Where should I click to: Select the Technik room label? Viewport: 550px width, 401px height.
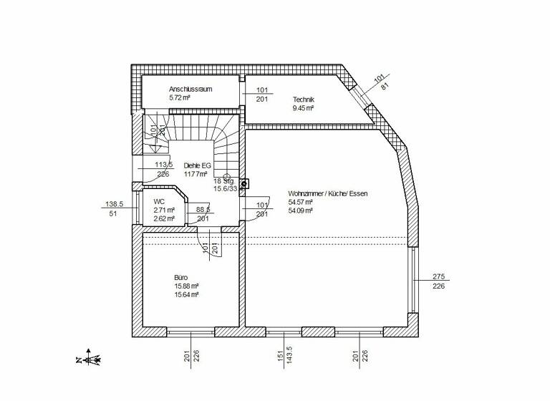point(304,100)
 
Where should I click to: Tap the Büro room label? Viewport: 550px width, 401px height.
point(180,276)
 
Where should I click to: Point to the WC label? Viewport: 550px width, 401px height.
point(159,202)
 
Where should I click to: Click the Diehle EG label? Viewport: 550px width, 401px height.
point(197,164)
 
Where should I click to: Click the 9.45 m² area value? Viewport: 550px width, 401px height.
point(304,109)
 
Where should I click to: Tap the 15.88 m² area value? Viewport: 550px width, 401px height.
point(185,286)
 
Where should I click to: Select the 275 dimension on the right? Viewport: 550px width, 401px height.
point(439,276)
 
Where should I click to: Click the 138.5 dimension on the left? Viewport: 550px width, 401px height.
point(115,204)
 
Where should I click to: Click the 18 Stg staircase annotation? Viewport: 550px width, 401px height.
point(223,181)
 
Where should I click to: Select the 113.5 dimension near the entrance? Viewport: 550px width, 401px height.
point(163,164)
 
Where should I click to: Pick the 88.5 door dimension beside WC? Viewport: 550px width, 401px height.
point(203,210)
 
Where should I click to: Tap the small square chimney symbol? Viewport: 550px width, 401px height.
point(243,184)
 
